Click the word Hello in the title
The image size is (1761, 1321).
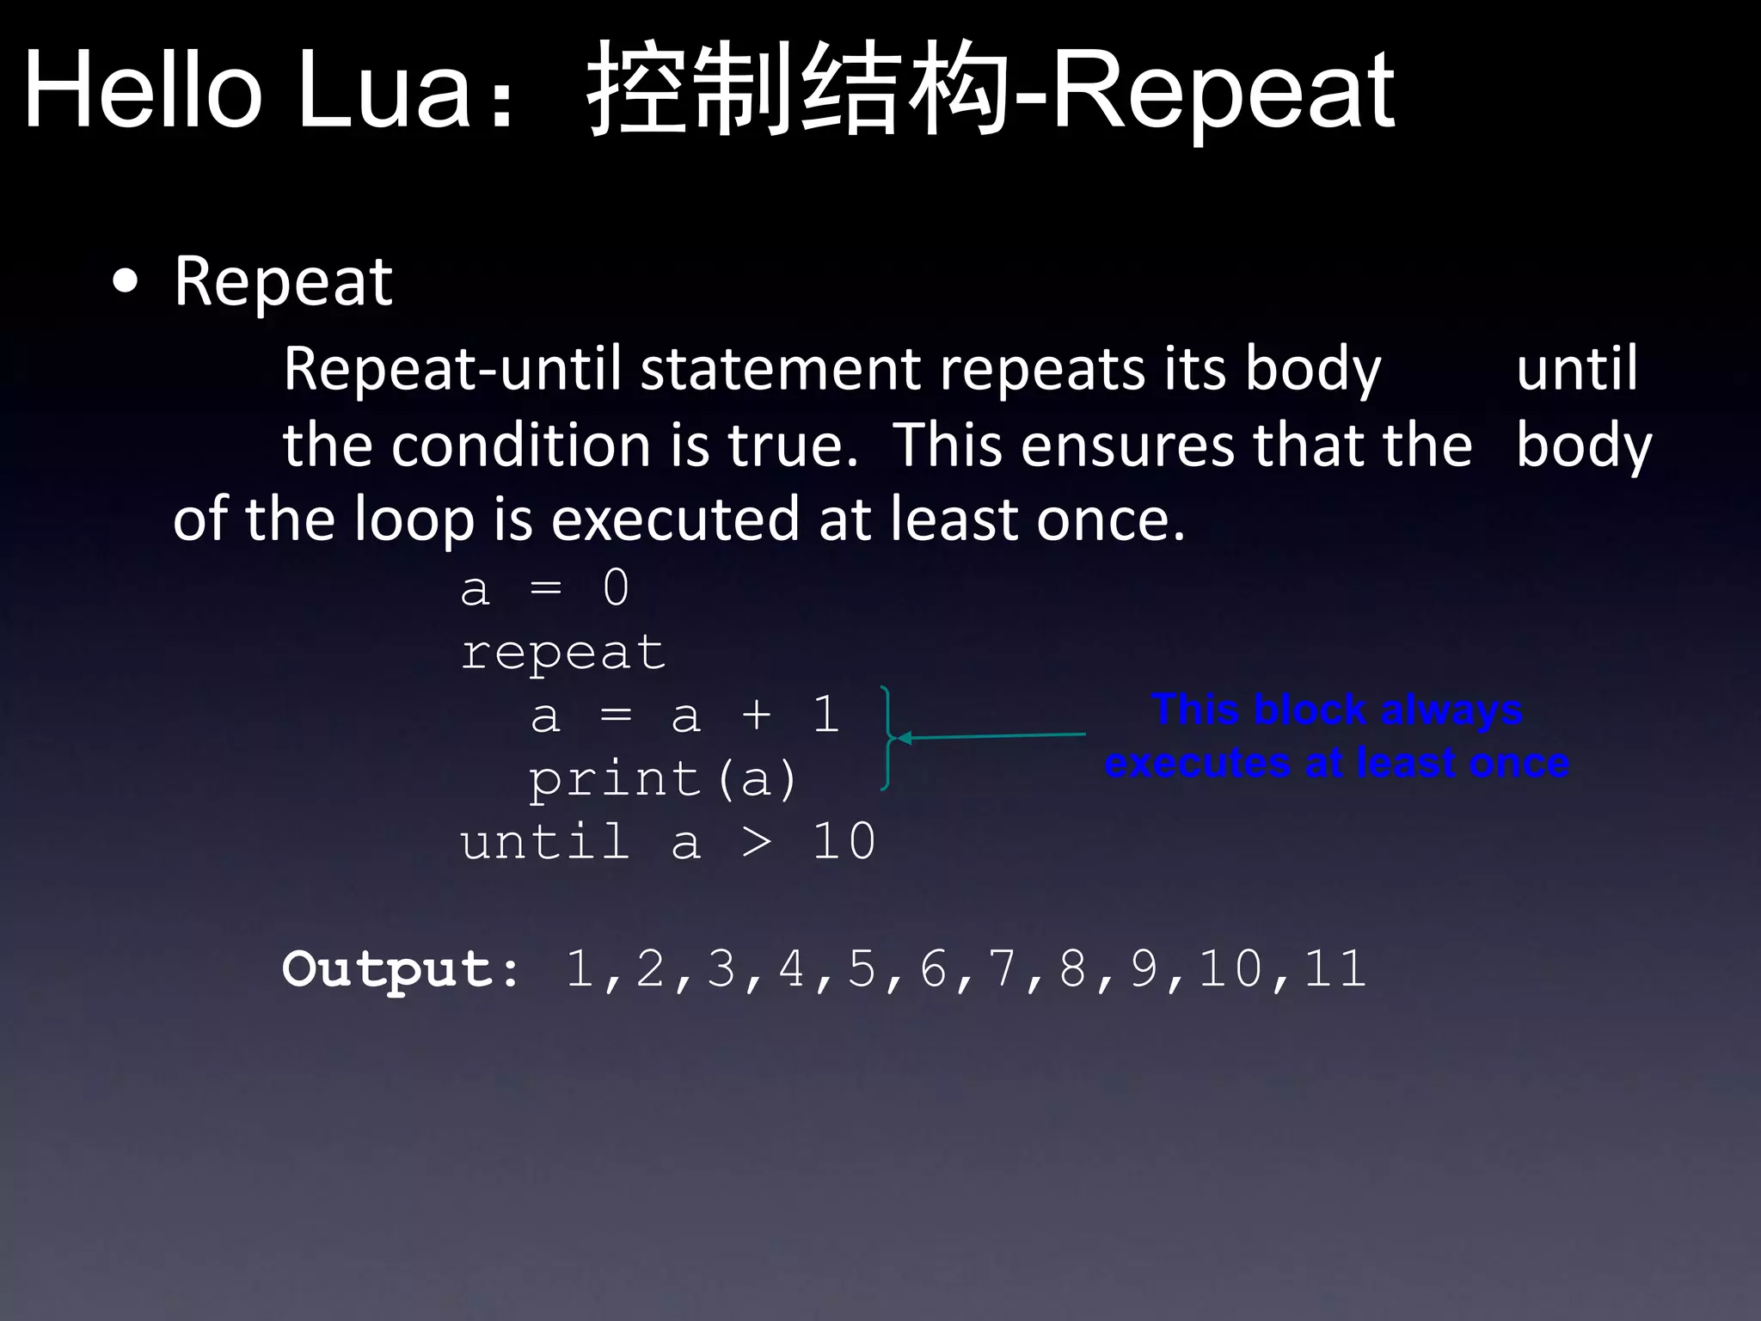(142, 89)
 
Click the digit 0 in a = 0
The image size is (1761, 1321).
(616, 589)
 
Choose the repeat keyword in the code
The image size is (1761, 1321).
(563, 653)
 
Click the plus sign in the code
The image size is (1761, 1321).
(756, 716)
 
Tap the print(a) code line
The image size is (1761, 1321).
(663, 779)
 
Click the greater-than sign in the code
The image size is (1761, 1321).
(756, 842)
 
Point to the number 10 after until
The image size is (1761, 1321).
(844, 841)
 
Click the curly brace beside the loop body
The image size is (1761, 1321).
(887, 738)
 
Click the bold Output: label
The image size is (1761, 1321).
(401, 969)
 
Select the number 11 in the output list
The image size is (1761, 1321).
(1335, 968)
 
